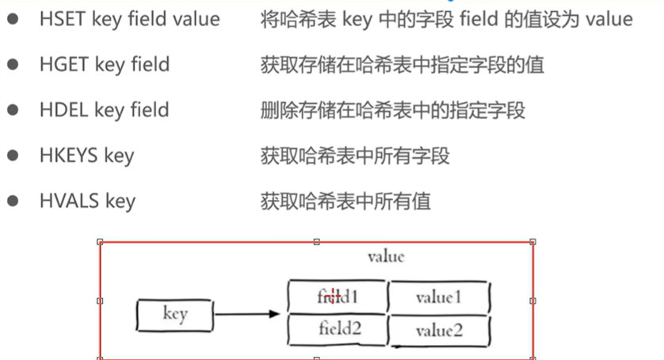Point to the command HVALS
tap(68, 201)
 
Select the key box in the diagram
tap(174, 314)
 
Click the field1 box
tap(338, 297)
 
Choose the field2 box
tap(338, 329)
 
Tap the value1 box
tap(438, 297)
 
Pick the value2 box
tap(438, 330)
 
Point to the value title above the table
tap(386, 256)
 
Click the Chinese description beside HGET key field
tap(403, 64)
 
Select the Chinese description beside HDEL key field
tap(392, 109)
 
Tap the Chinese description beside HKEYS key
tap(355, 155)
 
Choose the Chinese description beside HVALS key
tap(345, 201)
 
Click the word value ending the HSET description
tap(609, 19)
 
